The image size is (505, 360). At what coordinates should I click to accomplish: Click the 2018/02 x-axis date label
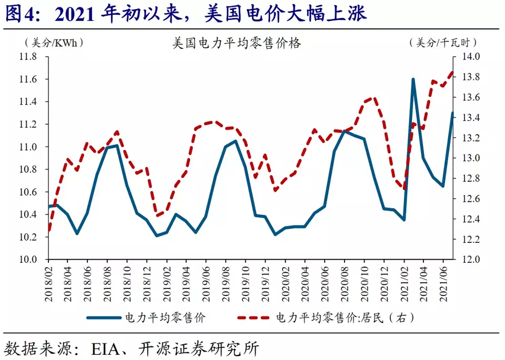[49, 283]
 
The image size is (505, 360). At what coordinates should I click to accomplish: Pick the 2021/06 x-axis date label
[443, 283]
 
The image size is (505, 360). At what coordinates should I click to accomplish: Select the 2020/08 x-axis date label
[345, 283]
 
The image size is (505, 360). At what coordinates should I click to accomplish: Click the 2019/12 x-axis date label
[266, 283]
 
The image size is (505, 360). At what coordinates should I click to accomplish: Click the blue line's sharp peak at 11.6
[413, 79]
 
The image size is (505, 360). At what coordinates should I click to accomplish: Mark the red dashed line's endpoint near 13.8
[452, 73]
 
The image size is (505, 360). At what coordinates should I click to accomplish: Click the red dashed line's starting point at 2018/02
[49, 230]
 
